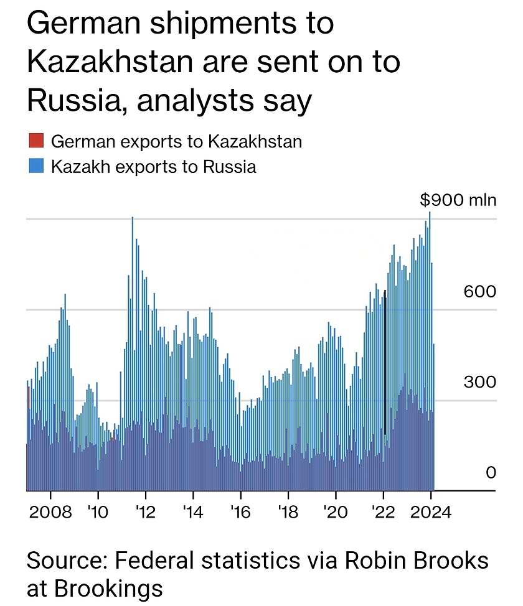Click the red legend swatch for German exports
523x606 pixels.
[x=35, y=141]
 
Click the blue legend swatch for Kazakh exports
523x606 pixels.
[x=35, y=167]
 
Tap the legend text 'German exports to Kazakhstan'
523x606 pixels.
[x=176, y=141]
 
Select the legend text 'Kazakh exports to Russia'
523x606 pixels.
[x=154, y=167]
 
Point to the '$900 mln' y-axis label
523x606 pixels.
[x=458, y=200]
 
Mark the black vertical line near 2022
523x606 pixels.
[x=385, y=361]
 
